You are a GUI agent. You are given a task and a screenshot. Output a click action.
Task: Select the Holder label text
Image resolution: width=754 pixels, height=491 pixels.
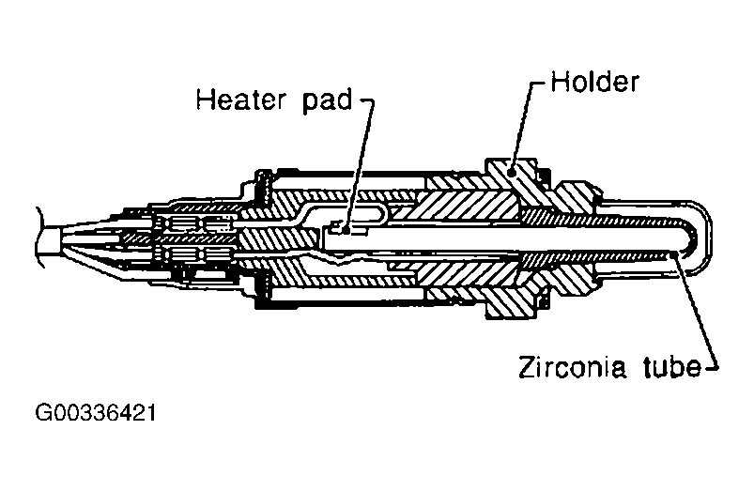(x=594, y=82)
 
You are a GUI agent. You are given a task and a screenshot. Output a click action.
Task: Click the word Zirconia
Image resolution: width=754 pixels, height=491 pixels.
(x=560, y=366)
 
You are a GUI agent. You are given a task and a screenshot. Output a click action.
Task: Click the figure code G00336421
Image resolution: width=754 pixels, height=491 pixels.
(x=95, y=413)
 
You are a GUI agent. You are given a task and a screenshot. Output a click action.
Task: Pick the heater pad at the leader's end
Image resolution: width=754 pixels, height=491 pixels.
(x=345, y=228)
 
